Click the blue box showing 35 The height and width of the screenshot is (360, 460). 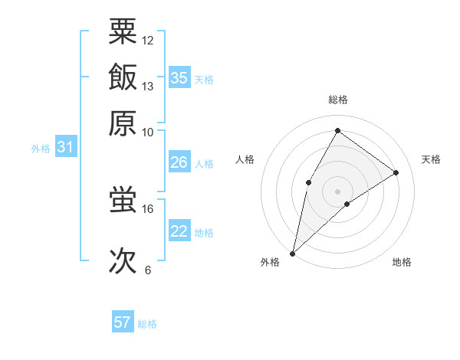coord(179,77)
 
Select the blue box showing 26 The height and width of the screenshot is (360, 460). coord(179,162)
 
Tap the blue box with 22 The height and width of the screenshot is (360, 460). coord(179,231)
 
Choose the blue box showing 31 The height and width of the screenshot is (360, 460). coord(64,148)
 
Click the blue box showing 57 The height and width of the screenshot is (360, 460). coord(122,322)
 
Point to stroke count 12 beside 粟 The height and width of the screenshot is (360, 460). coord(148,40)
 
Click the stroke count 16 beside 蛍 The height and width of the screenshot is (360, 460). coord(148,208)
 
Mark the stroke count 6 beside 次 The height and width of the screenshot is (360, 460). coord(148,270)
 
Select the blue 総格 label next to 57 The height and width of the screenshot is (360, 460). coord(147,324)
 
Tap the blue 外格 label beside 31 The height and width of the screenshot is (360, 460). coord(40,149)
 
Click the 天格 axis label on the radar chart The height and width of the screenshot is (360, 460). coord(431,159)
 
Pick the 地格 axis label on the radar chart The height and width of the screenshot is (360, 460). coord(402,262)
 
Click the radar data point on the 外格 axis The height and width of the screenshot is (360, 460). coord(292,254)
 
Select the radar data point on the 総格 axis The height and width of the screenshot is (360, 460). coord(337,130)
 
